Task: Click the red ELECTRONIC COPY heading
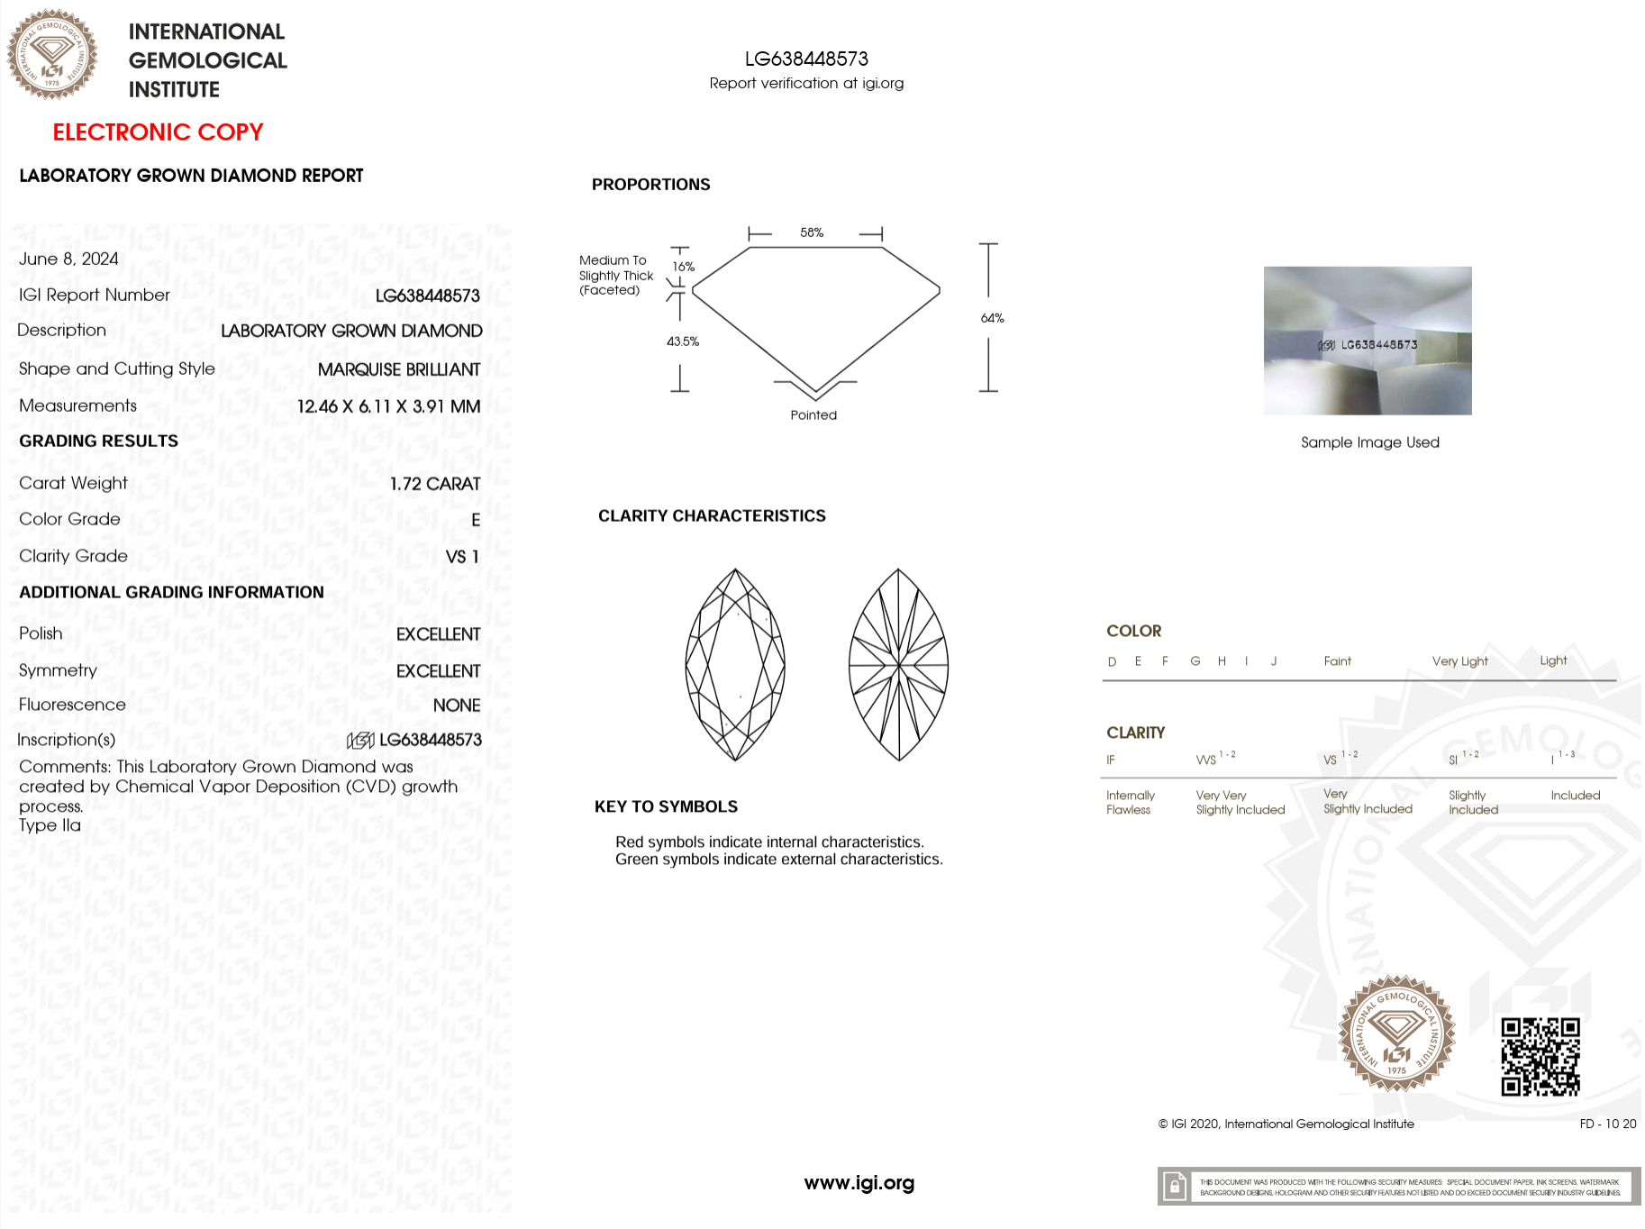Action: (158, 132)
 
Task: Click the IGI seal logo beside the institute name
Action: (52, 55)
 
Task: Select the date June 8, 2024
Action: (68, 259)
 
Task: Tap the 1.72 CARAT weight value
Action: (434, 484)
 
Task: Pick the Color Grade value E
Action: (476, 520)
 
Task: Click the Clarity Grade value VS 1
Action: (462, 557)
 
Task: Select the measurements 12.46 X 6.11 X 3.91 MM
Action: (388, 406)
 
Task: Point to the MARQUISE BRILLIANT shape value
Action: (398, 369)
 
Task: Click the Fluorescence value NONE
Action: (456, 706)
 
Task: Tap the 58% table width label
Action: (812, 233)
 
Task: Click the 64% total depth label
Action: (992, 318)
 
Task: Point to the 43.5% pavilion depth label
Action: (683, 341)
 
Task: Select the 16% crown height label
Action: (684, 267)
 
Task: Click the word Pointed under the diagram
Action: (813, 415)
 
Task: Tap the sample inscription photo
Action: (1368, 341)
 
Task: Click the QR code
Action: (1540, 1056)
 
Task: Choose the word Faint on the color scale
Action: (1337, 661)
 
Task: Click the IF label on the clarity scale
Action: (1111, 760)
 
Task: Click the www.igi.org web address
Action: (859, 1183)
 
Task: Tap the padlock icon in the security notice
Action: (1174, 1187)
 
